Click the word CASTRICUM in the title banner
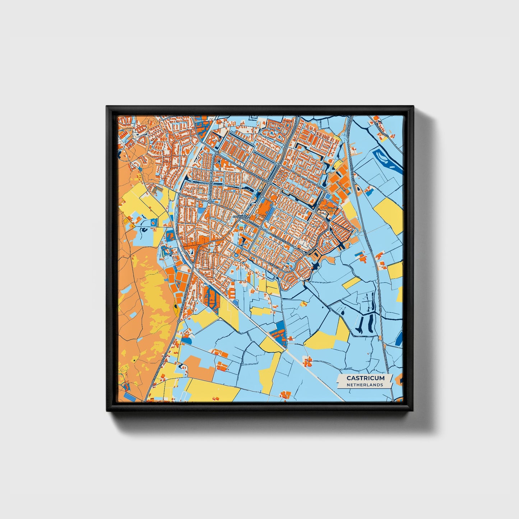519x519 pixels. [x=365, y=378]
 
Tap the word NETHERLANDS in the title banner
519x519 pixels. [x=365, y=385]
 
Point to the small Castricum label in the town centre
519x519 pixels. [x=241, y=217]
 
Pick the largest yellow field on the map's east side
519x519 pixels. [x=389, y=211]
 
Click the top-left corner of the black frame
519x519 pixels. [x=107, y=107]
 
